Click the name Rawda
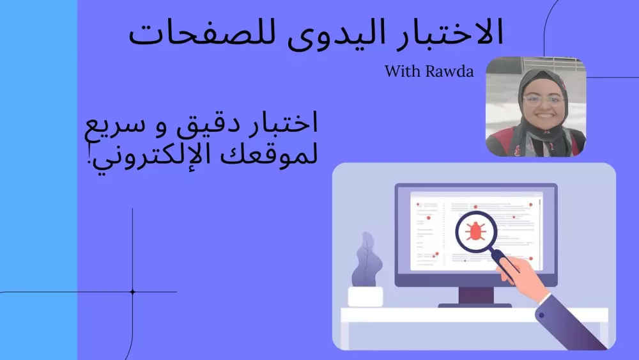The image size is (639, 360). [x=450, y=71]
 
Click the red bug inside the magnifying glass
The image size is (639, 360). [x=476, y=230]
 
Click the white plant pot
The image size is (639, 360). [x=366, y=297]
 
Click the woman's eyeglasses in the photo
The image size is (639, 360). [x=542, y=100]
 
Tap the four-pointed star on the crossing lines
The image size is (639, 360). [x=133, y=292]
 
